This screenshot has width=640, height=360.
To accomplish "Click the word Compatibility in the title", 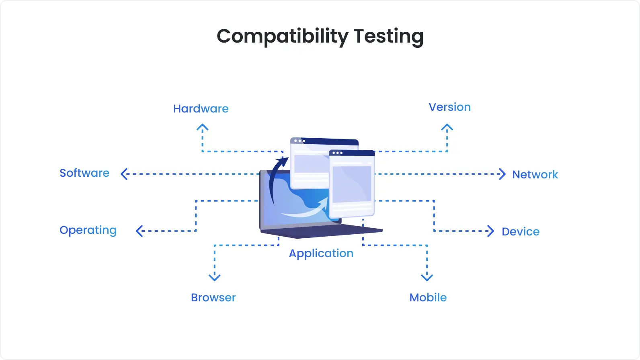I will (282, 37).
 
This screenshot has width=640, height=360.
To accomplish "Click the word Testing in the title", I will (388, 37).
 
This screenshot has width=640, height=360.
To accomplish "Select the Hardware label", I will (201, 108).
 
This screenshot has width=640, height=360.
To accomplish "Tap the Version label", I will (449, 107).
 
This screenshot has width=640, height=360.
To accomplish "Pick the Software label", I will (84, 173).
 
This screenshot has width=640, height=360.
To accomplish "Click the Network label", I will (535, 175).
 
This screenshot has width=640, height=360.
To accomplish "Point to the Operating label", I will (88, 230).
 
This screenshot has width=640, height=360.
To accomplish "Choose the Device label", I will (520, 232).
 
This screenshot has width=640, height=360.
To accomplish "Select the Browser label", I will (213, 298).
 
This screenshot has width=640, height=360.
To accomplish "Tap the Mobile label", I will (428, 298).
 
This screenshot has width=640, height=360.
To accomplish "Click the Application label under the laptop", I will (321, 254).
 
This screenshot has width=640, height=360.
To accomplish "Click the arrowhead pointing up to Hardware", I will (202, 128).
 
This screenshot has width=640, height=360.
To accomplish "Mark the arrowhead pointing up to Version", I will (447, 128).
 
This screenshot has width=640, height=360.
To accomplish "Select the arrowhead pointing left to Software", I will (124, 174).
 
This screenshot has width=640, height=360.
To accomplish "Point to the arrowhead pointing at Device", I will (490, 231).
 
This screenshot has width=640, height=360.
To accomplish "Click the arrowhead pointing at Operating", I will (139, 231).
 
